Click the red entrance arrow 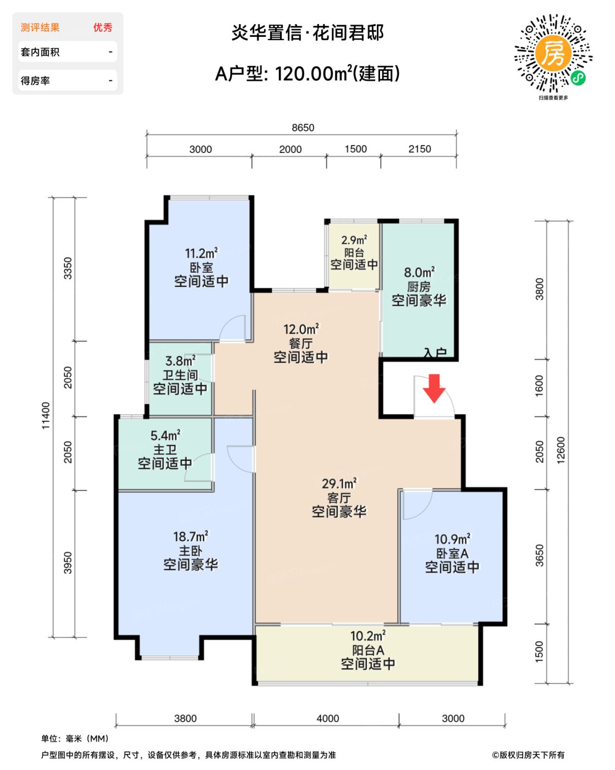(434, 389)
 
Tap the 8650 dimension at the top (303, 128)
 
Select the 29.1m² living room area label (339, 484)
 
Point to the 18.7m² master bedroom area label (190, 537)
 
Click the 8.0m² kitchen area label (419, 272)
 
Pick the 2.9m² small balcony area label (354, 240)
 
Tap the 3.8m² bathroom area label (180, 361)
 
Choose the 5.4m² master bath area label (166, 436)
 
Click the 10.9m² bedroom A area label (453, 539)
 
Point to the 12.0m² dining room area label (301, 329)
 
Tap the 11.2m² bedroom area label (201, 254)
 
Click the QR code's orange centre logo (553, 54)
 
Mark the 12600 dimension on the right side (561, 450)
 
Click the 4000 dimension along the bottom (327, 718)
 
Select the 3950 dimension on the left (68, 563)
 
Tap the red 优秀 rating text (103, 28)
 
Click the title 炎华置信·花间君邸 (307, 33)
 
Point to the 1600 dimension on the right (539, 386)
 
